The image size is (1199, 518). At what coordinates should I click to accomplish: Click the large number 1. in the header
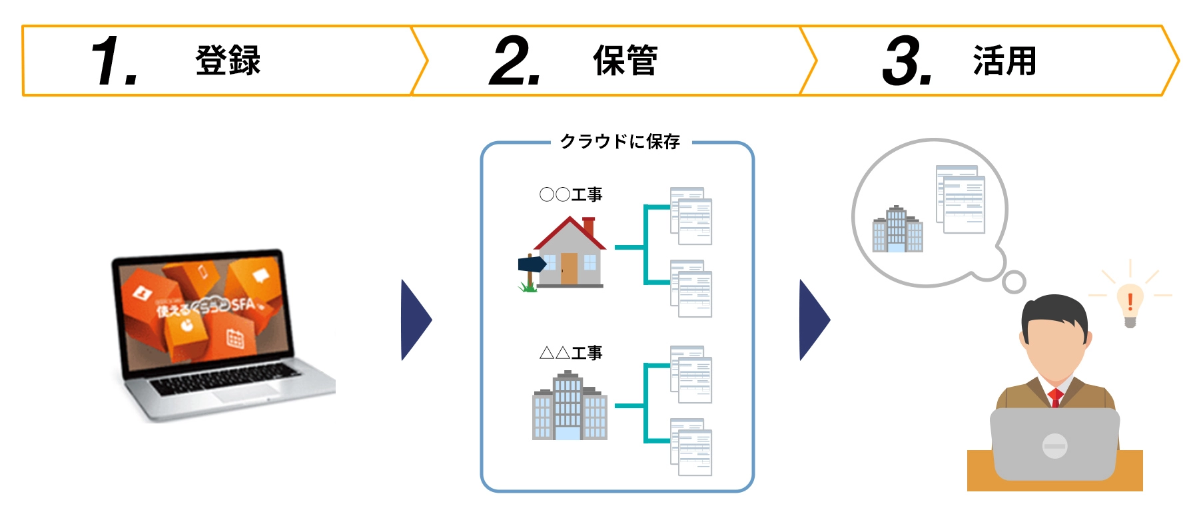pos(114,61)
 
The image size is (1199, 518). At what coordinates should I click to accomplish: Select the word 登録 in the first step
pos(228,61)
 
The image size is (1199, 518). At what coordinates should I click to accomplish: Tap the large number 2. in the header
pos(514,61)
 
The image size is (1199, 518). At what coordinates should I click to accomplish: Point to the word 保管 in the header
pos(625,61)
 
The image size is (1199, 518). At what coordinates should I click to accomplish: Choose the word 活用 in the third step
pos(1004,61)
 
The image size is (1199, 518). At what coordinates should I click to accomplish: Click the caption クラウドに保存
pos(619,142)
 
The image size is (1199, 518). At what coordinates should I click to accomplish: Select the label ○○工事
pos(571,194)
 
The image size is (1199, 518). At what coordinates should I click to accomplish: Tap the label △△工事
pos(571,353)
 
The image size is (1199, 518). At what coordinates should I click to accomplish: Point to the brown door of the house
pos(569,268)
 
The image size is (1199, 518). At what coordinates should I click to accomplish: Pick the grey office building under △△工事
pos(570,406)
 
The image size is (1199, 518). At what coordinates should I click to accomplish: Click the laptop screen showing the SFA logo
pos(204,310)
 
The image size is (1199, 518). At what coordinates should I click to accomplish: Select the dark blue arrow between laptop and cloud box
pos(416,320)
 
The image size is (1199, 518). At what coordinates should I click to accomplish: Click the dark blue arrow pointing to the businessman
pos(814,320)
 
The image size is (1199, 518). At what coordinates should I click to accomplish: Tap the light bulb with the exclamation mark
pos(1130,304)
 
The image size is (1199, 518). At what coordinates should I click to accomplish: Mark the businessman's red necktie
pos(1055,398)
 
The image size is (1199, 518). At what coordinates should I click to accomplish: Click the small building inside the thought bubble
pos(897,230)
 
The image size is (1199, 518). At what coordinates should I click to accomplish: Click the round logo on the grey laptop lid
pos(1054,445)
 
